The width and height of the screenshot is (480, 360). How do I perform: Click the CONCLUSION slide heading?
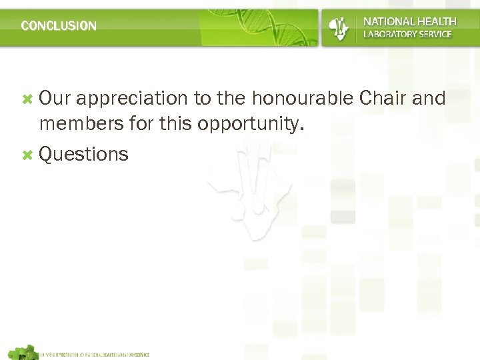coord(59,26)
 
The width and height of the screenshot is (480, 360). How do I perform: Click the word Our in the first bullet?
coord(53,99)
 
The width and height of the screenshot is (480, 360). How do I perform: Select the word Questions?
coord(83,155)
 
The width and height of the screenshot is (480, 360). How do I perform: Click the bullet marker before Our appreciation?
coord(27,99)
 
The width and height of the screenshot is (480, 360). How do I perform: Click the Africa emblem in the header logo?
coord(339,27)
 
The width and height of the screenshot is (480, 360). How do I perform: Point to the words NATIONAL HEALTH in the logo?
coord(409,21)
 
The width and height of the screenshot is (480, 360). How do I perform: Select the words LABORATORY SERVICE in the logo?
coord(407,34)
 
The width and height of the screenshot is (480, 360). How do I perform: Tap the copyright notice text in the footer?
coord(95,355)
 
